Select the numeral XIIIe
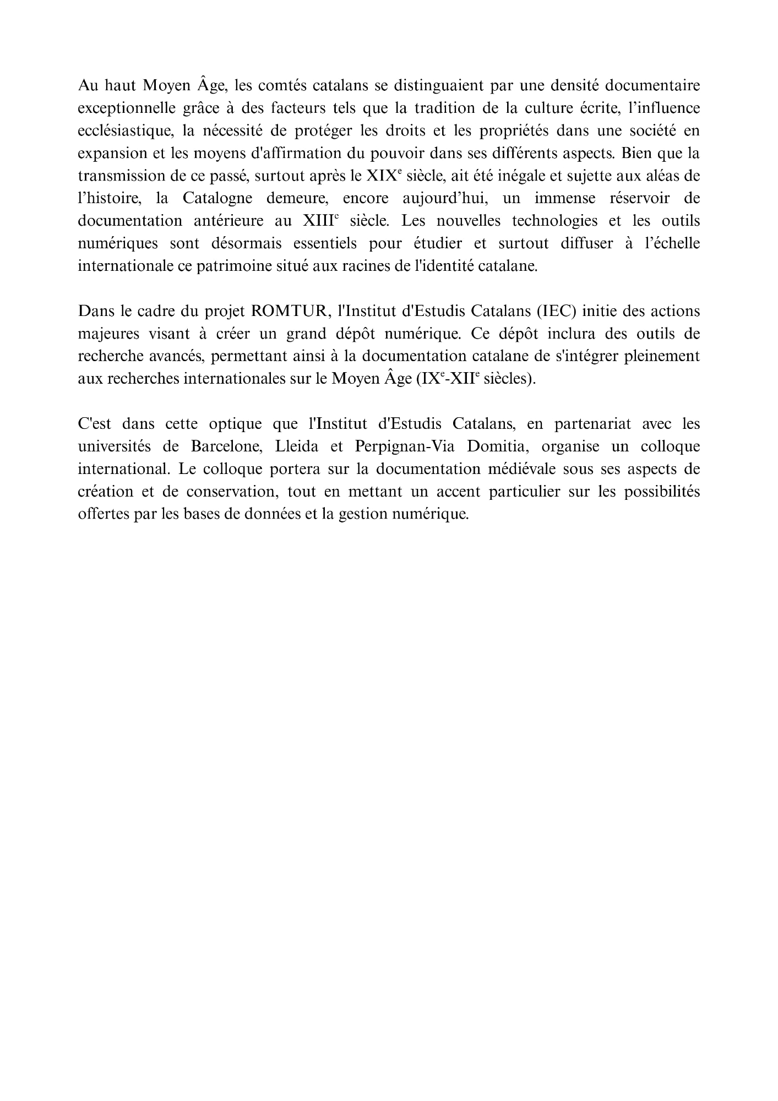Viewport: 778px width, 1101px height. (320, 221)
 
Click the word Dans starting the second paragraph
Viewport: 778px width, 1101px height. (95, 311)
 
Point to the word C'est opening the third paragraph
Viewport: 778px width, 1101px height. (95, 424)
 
